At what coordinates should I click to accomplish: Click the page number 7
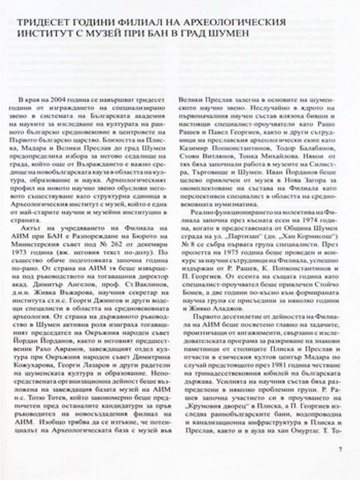[x=340, y=448]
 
